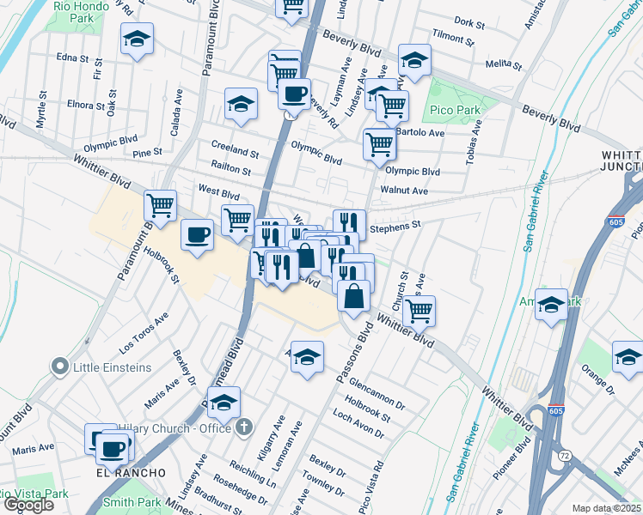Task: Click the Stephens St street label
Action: pos(395,227)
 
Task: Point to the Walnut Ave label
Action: pos(404,191)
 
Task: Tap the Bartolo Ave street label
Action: pos(420,133)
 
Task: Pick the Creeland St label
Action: pos(235,151)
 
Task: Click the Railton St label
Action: pos(230,170)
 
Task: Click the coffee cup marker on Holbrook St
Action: pos(198,234)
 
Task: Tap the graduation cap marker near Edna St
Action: pos(137,39)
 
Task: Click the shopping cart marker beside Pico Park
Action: pos(393,106)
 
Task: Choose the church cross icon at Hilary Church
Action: pos(245,426)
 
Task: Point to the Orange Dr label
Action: pos(598,383)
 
